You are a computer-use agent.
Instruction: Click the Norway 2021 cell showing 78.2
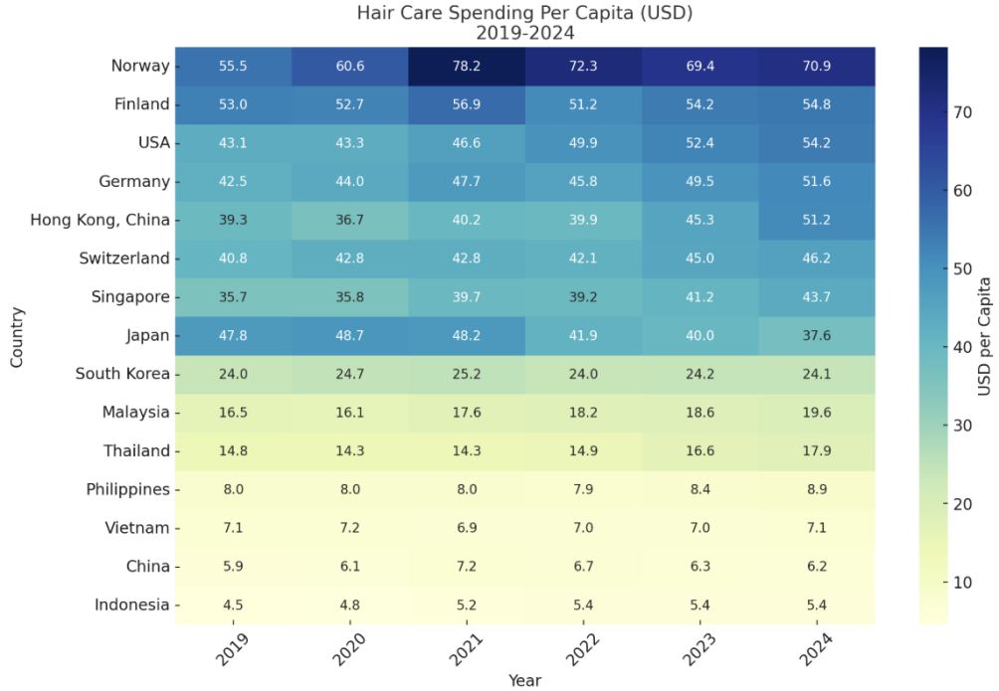coord(467,66)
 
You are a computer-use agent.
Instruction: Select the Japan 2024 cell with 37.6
coord(817,335)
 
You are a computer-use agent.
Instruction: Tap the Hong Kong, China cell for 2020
coord(350,220)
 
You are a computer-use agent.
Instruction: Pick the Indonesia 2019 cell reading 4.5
coord(233,605)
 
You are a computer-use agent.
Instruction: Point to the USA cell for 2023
coord(700,142)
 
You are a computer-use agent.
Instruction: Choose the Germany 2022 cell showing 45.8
coord(583,181)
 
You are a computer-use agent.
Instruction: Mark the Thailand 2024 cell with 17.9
coord(817,450)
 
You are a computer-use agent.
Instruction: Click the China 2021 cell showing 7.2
coord(467,566)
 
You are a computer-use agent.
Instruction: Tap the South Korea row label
coord(122,374)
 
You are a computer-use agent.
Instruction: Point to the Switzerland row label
coord(123,259)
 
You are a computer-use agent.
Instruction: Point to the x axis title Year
coord(524,680)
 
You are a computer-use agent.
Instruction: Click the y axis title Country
coord(16,336)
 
